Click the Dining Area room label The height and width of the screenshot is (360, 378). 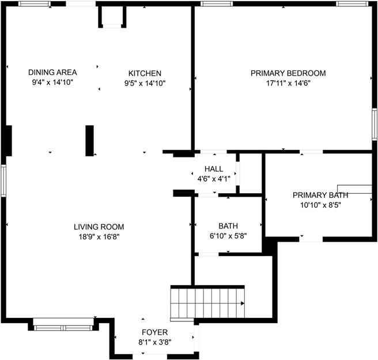52,73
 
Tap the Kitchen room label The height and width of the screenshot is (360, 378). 145,73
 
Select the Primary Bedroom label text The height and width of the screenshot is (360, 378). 288,73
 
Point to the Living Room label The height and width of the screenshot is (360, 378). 99,227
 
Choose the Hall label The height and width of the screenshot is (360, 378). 213,168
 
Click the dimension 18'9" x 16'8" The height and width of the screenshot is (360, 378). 99,236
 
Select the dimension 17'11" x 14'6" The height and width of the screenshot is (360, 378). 288,82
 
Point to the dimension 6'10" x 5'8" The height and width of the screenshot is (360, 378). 228,235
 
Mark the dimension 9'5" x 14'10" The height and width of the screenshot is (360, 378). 145,82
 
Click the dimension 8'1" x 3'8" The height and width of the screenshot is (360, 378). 155,342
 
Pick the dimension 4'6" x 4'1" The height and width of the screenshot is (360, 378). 213,178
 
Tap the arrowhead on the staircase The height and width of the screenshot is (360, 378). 243,302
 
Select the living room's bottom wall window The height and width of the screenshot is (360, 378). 63,328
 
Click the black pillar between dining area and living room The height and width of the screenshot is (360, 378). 89,140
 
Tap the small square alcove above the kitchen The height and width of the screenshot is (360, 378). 112,17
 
